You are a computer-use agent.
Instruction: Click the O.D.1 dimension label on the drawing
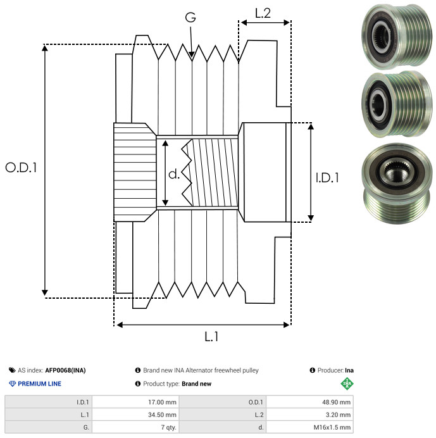pos(22,168)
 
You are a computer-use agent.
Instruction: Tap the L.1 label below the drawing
pos(211,337)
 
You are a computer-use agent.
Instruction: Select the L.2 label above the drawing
pos(263,13)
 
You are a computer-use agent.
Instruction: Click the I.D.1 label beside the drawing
pos(327,178)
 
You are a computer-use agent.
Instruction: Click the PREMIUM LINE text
pos(40,384)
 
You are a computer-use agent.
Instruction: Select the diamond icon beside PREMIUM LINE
pos(12,384)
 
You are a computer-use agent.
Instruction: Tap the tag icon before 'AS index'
pos(12,370)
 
